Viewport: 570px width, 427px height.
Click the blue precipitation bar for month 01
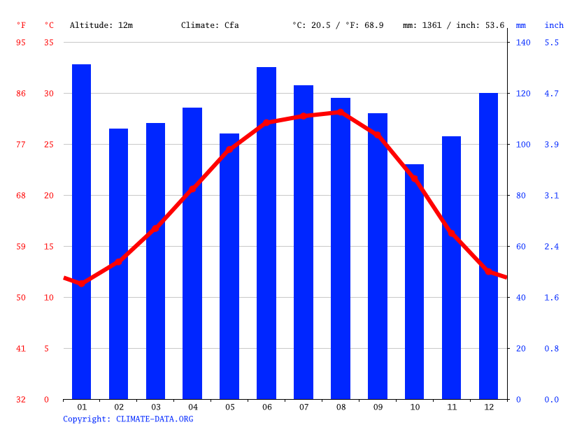81,231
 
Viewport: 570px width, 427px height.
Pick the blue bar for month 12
488,245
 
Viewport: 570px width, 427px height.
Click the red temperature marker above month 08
341,112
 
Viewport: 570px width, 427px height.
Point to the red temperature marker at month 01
81,283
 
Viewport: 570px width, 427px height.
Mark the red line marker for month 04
192,189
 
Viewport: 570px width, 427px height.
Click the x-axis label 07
304,407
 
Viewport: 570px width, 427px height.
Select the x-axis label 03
155,407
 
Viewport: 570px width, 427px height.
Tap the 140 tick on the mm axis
523,43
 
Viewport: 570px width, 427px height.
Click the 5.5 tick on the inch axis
551,43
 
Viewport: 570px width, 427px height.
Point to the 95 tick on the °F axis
21,43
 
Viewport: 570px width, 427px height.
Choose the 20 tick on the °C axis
48,196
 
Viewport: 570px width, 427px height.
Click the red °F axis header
21,25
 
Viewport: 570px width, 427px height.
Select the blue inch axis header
554,25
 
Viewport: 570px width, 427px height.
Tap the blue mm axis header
521,25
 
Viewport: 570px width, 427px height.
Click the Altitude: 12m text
101,25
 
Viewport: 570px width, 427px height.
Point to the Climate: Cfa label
210,25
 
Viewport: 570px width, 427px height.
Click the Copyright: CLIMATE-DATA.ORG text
128,419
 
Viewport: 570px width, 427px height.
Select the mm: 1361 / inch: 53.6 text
453,25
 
